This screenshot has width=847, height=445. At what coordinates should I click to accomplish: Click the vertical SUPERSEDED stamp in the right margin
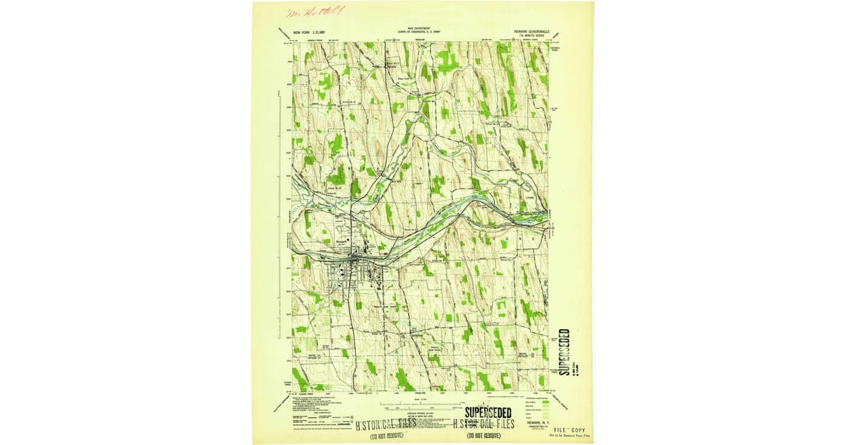(x=563, y=352)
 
